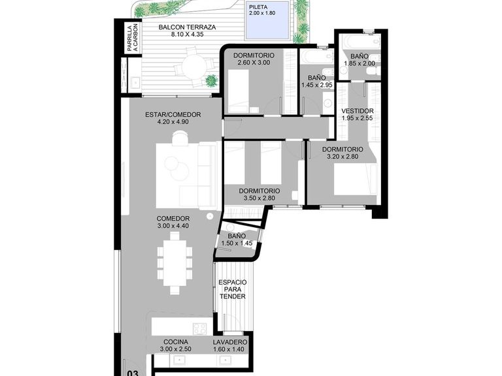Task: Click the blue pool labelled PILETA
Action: coord(267,20)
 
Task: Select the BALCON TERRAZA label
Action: coord(188,27)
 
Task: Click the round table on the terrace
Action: coord(195,67)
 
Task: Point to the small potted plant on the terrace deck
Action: coord(211,80)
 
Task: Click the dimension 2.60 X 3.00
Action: coord(254,63)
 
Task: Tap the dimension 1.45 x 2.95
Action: coord(317,85)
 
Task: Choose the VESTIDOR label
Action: coord(358,111)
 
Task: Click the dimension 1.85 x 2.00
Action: coord(360,63)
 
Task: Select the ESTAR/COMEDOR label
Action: coord(173,114)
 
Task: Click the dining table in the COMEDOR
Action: coord(175,263)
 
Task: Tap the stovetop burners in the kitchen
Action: coord(201,328)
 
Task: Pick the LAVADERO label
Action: coord(230,342)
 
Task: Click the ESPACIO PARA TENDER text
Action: coord(233,289)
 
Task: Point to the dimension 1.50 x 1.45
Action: coord(237,243)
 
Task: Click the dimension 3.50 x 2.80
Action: coord(259,198)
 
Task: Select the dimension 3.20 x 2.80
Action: coord(343,157)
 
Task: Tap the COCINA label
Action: coord(175,342)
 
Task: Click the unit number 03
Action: coord(133,373)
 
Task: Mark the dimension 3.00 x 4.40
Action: coord(173,226)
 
